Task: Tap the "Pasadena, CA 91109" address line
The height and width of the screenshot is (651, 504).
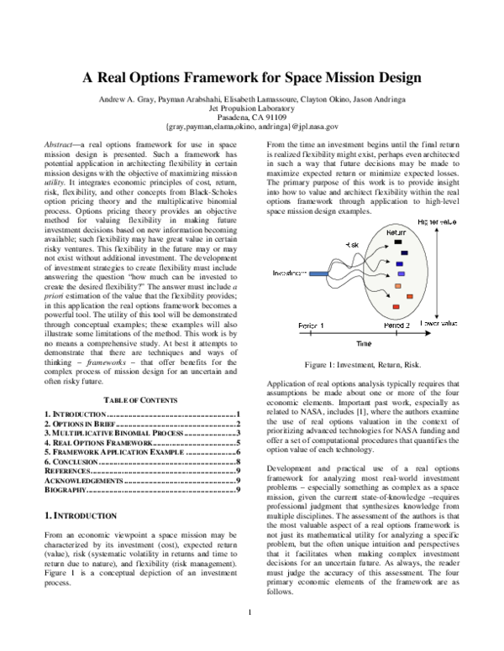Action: pos(251,117)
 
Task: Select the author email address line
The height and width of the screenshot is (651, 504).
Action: pos(251,128)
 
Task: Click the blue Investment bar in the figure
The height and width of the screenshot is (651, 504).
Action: pos(322,273)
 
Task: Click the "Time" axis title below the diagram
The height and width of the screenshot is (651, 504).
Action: pos(362,344)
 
